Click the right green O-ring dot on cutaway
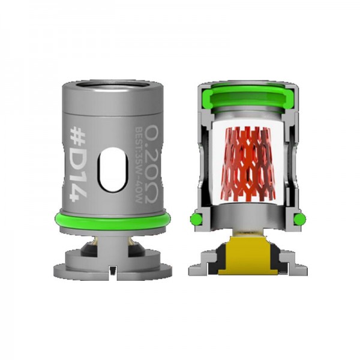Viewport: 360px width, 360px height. click(299, 218)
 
